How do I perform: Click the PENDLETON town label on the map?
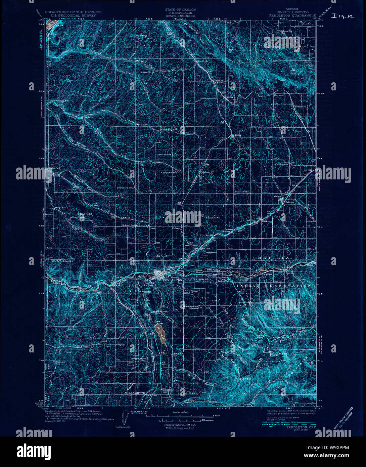point(172,280)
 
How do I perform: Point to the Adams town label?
point(285,202)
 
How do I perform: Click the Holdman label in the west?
point(88,117)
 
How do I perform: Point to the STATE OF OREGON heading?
point(180,9)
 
